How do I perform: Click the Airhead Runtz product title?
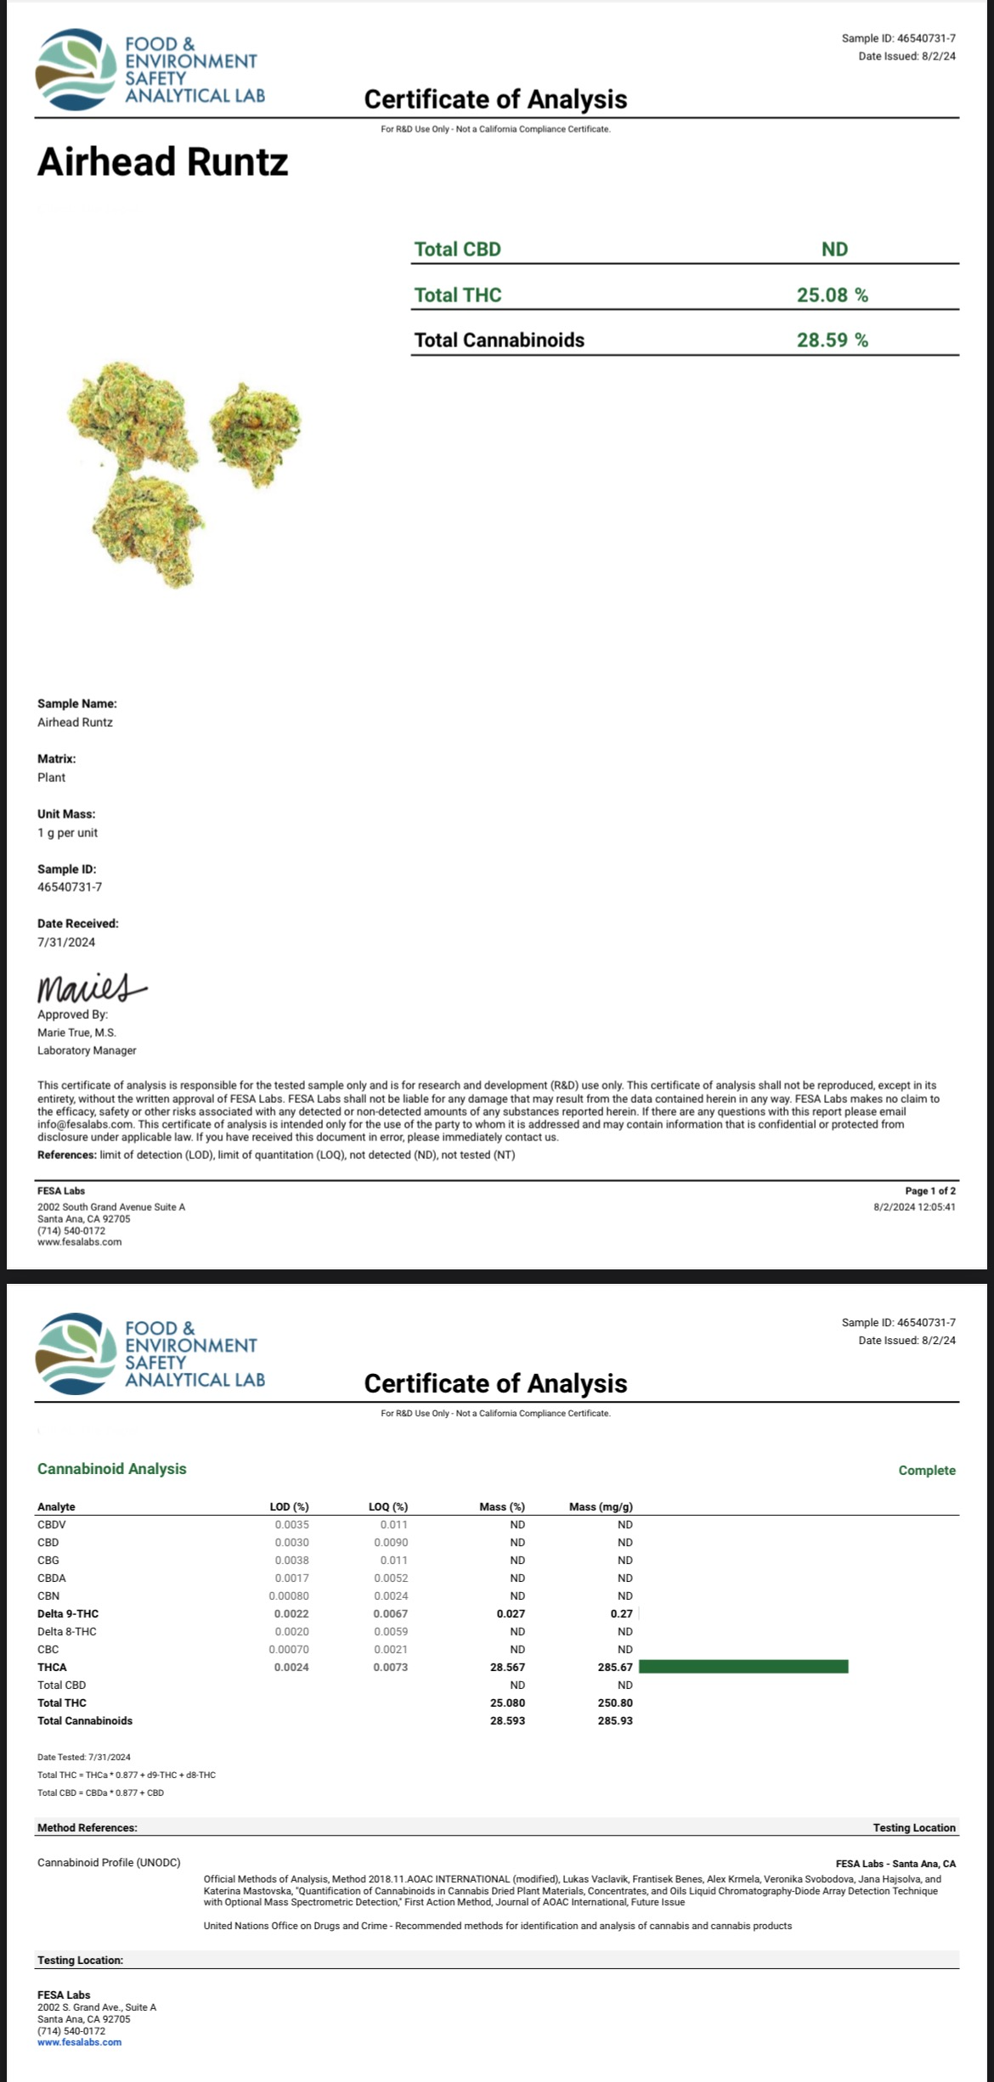[x=162, y=161]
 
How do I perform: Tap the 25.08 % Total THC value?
[x=832, y=295]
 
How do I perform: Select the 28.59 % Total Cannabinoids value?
[x=832, y=340]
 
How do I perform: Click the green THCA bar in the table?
[x=743, y=1666]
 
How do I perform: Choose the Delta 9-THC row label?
[x=68, y=1613]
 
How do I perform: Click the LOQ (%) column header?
[x=388, y=1506]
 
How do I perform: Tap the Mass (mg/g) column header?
[x=601, y=1506]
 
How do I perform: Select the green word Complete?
[x=927, y=1470]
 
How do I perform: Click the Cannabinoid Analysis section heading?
[x=111, y=1468]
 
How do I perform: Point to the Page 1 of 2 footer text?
[x=930, y=1190]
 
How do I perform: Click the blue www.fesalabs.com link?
[x=79, y=2042]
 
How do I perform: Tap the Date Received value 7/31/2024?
[x=66, y=942]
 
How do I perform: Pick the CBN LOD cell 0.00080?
[x=289, y=1595]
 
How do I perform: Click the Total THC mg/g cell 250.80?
[x=615, y=1702]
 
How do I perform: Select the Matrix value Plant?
[x=51, y=777]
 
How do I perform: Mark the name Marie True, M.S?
[x=76, y=1033]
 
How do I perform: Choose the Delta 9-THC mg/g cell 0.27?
[x=622, y=1613]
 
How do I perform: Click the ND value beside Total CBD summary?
[x=834, y=249]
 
